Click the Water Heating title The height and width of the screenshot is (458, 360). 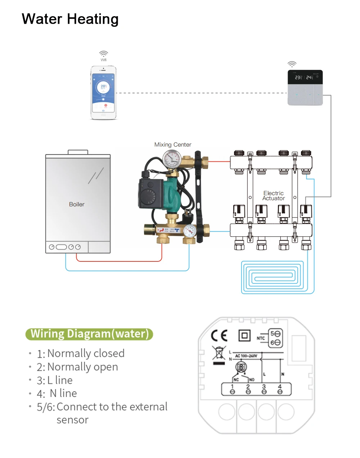click(70, 19)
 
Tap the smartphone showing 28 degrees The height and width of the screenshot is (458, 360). click(103, 93)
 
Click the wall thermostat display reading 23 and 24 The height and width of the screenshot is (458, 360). click(305, 77)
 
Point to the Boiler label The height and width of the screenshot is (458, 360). click(77, 204)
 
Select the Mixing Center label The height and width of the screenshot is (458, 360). click(173, 145)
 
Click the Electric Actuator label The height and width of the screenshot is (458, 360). click(274, 196)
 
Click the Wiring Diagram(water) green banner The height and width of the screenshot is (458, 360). click(89, 334)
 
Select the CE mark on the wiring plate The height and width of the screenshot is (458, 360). click(219, 336)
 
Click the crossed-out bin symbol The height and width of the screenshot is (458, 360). click(219, 353)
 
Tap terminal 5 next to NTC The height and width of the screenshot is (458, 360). click(275, 334)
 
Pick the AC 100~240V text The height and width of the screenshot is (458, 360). click(246, 356)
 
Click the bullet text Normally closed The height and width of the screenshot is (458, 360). click(86, 353)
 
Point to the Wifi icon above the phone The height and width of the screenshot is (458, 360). click(104, 54)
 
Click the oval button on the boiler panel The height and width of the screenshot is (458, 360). click(62, 247)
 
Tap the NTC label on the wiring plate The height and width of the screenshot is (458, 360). click(261, 338)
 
